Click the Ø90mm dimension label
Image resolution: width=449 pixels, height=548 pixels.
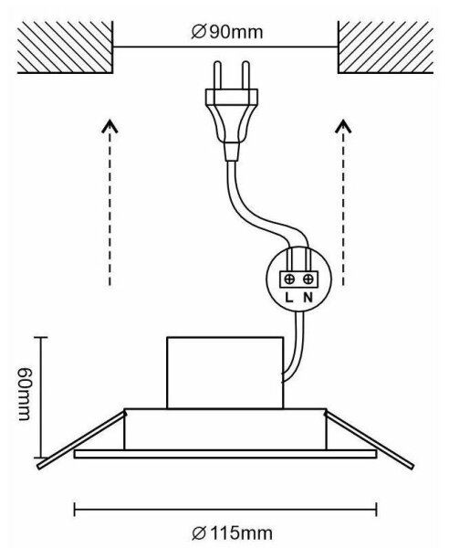pos(227,32)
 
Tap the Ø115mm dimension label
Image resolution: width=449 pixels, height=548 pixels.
pos(233,533)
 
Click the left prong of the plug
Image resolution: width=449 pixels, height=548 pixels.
pos(217,75)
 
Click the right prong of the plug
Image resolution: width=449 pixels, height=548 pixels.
pos(245,75)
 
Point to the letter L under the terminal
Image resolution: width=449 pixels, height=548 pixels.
pos(289,298)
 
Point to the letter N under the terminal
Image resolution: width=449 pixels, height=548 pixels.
pos(308,298)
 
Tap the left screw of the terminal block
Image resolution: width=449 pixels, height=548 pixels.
pos(289,279)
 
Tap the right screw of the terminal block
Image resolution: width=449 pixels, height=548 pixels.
pos(308,279)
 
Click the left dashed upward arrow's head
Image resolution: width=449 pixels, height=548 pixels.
pos(110,127)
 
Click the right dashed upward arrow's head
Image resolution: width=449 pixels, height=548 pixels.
pos(343,127)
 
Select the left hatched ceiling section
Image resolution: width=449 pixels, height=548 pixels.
pos(66,47)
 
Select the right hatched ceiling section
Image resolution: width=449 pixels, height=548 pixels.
pos(385,47)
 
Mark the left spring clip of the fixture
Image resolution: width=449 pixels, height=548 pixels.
pos(82,439)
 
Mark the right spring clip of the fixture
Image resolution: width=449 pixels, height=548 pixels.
pos(370,439)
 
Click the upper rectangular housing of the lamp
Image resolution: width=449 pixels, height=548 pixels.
pos(225,373)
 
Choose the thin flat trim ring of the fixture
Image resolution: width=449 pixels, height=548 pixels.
pos(225,454)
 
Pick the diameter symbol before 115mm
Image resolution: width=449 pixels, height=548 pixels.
pos(199,533)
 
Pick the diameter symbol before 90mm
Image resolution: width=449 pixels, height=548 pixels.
pos(199,32)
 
